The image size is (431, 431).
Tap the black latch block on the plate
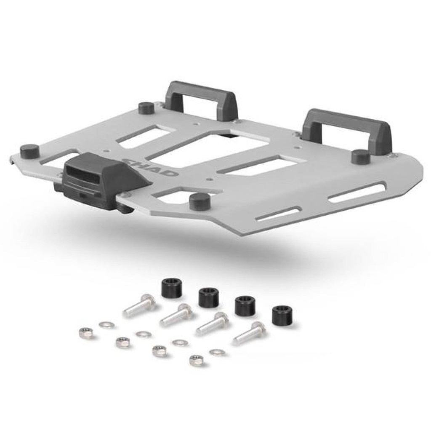point(101,182)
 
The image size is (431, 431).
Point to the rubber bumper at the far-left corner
point(29,150)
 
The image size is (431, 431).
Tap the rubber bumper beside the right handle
point(361,156)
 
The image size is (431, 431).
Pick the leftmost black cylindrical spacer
point(170,289)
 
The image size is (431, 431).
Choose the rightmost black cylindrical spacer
point(282,315)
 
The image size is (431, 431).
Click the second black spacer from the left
point(208,297)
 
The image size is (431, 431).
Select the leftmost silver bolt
point(139,305)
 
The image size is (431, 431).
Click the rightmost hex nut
point(196,360)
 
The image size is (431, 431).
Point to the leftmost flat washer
point(106,325)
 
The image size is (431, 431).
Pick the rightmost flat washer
point(217,352)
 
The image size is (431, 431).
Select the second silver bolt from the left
point(176,315)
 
